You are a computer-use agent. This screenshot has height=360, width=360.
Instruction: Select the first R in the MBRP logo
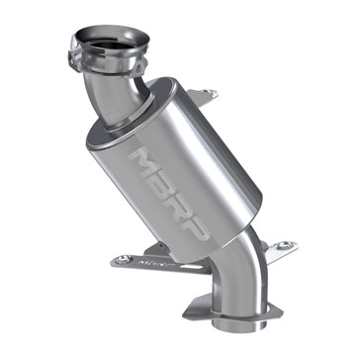coord(184,214)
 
